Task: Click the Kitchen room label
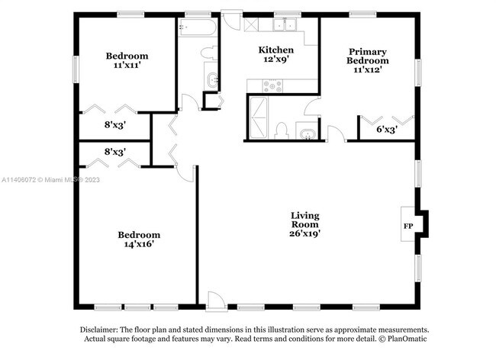[x=275, y=50]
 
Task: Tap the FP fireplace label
[x=408, y=226]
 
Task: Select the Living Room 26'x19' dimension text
[x=305, y=233]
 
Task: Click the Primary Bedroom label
[x=368, y=56]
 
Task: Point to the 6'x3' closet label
[x=387, y=129]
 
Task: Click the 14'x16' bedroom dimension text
[x=139, y=244]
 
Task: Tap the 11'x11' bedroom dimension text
[x=127, y=65]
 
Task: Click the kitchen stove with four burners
[x=272, y=86]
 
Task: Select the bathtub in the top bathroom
[x=198, y=27]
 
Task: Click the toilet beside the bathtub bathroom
[x=210, y=53]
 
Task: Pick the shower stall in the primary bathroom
[x=258, y=117]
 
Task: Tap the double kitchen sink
[x=285, y=24]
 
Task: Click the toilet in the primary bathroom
[x=282, y=131]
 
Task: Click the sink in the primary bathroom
[x=308, y=133]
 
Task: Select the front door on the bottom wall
[x=217, y=301]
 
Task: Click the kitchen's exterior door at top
[x=231, y=21]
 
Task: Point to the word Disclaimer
[x=99, y=329]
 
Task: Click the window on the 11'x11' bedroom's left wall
[x=76, y=69]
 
